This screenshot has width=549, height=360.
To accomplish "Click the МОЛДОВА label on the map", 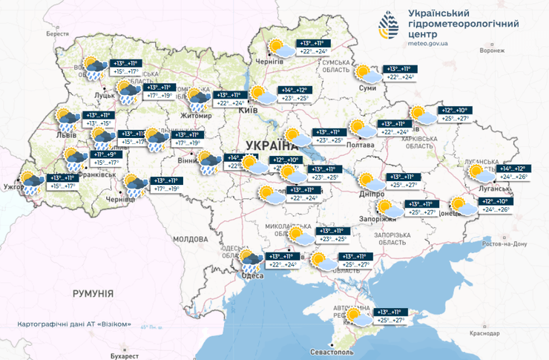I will (189, 240).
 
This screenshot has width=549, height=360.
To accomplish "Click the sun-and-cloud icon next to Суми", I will (366, 73).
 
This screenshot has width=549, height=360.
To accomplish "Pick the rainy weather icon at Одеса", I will (249, 259).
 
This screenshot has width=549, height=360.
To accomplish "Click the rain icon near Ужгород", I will (30, 183).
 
